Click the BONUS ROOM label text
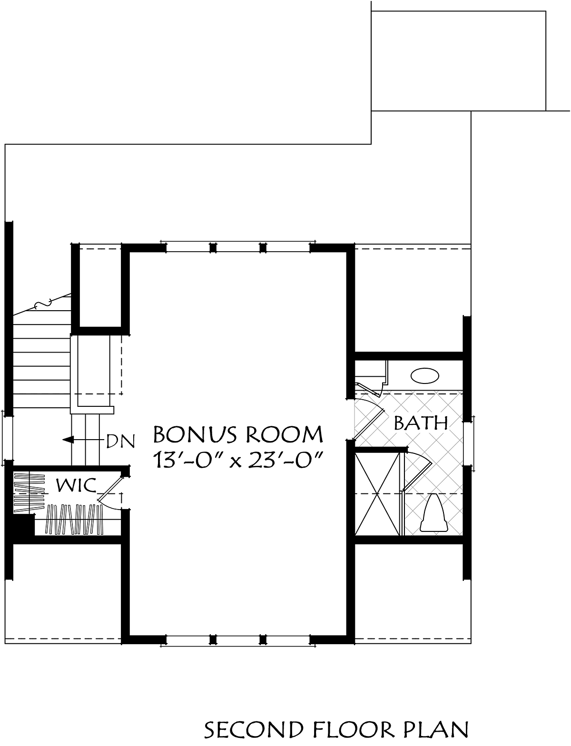238,434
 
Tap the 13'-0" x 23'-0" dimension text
238,460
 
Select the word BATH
421,423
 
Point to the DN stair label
121,441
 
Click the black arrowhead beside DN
69,440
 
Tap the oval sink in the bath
424,376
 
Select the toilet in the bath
433,513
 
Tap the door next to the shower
417,472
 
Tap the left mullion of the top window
213,248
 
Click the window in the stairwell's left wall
8,438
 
